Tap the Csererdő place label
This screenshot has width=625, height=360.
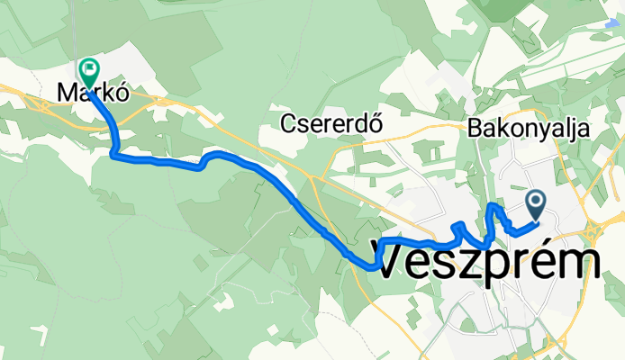click(x=331, y=124)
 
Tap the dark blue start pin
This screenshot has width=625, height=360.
click(x=536, y=204)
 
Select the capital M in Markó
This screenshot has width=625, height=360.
click(x=66, y=92)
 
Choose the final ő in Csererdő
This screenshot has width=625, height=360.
click(x=376, y=124)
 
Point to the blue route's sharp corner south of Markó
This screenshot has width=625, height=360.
click(x=113, y=155)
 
